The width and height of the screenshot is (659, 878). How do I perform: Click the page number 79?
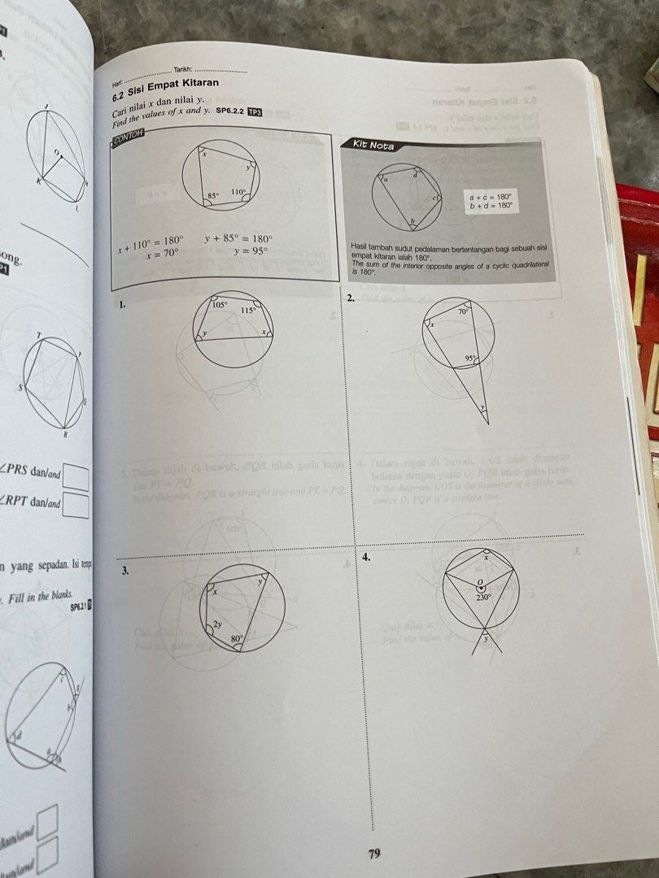coord(374,853)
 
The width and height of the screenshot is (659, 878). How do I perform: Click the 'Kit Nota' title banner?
coord(373,146)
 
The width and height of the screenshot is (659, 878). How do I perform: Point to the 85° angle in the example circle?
coord(213,196)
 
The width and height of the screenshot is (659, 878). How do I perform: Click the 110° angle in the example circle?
coord(238,193)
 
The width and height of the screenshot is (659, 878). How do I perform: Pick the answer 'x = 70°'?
coord(163,254)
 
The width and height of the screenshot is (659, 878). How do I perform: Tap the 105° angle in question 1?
coord(220,304)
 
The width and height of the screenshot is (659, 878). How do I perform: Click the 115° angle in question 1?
coord(248,310)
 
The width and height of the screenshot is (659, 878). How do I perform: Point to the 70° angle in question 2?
coord(463,311)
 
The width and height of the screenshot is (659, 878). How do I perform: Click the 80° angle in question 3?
coord(237,640)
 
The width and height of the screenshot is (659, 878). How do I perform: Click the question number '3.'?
coord(124,572)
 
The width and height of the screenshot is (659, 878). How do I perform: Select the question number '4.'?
coord(368,558)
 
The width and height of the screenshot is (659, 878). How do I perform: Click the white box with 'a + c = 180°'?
coord(491,201)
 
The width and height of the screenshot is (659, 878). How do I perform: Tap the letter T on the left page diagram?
coord(37,335)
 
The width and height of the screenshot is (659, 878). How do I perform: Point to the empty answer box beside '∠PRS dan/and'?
coord(76,476)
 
